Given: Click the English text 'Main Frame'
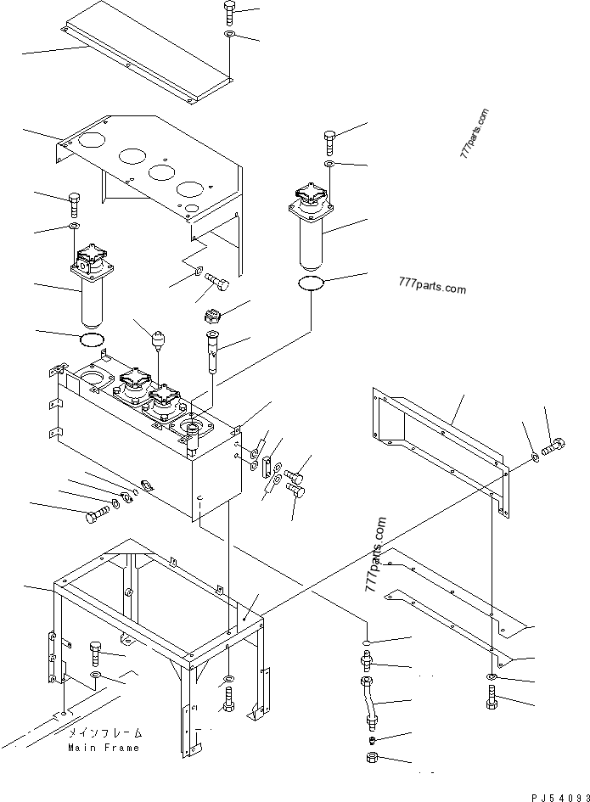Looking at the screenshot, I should click(105, 748).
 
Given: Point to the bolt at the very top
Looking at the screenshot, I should click(230, 12).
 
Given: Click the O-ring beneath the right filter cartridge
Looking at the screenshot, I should click(312, 283).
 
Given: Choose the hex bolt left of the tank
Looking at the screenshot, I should click(97, 514).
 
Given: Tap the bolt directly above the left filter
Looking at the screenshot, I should click(74, 204).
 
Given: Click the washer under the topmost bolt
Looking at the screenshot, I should click(230, 34).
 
